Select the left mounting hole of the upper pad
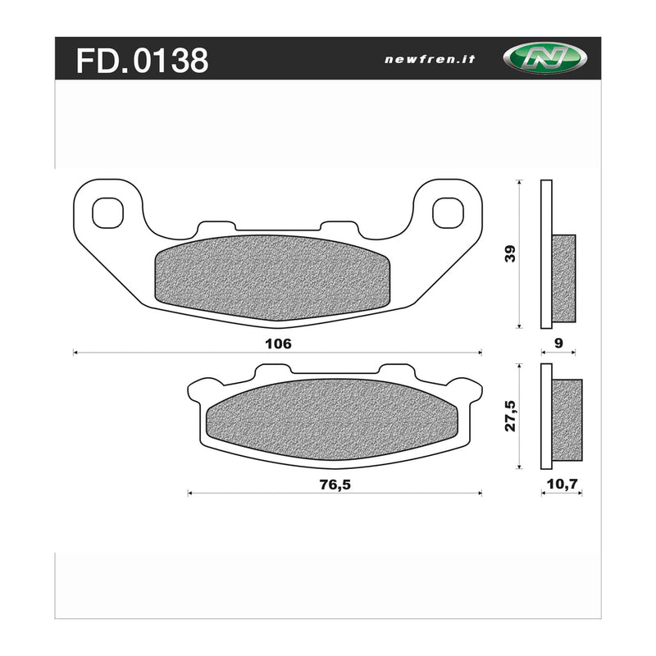tap(107, 212)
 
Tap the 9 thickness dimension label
tap(558, 344)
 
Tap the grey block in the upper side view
tap(564, 278)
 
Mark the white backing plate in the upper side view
tap(547, 254)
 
